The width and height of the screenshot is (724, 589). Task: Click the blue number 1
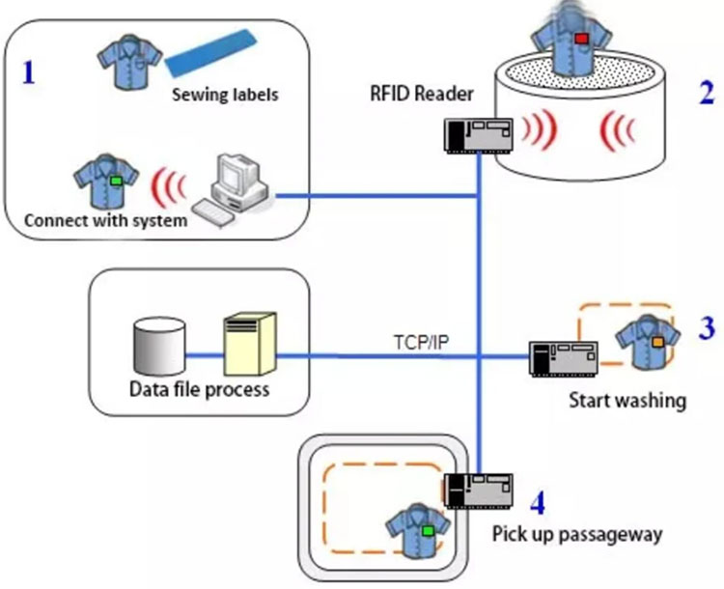[29, 72]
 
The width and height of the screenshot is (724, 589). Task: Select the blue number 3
[707, 328]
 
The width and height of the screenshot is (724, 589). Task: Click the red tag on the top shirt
[582, 37]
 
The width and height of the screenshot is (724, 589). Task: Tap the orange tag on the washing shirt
[657, 342]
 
